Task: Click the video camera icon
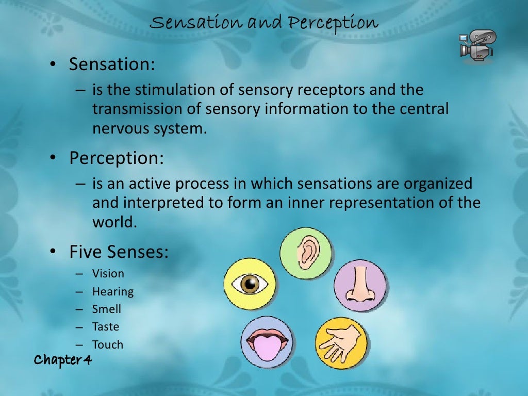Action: click(x=476, y=45)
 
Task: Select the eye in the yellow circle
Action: click(x=251, y=284)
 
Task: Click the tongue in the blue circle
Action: click(x=267, y=343)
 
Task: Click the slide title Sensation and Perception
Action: click(x=264, y=23)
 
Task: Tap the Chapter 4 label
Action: click(x=62, y=360)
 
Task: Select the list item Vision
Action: click(x=108, y=274)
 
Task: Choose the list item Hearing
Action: click(x=113, y=291)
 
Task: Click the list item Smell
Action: click(x=107, y=309)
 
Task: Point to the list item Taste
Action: click(x=106, y=326)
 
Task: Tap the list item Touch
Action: click(x=108, y=344)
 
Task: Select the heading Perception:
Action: click(x=117, y=158)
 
